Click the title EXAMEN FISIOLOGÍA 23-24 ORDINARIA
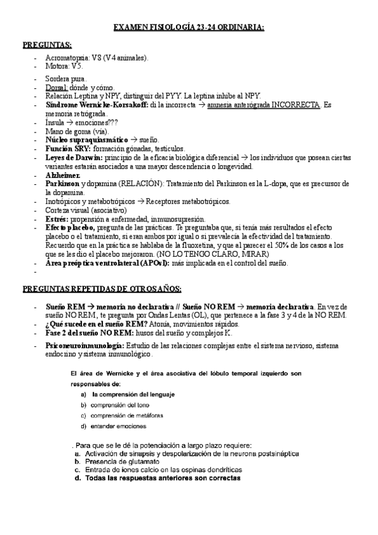click(188, 28)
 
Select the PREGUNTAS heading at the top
click(47, 46)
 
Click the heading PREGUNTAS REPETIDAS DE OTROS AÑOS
click(102, 289)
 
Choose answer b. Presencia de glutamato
click(126, 461)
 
